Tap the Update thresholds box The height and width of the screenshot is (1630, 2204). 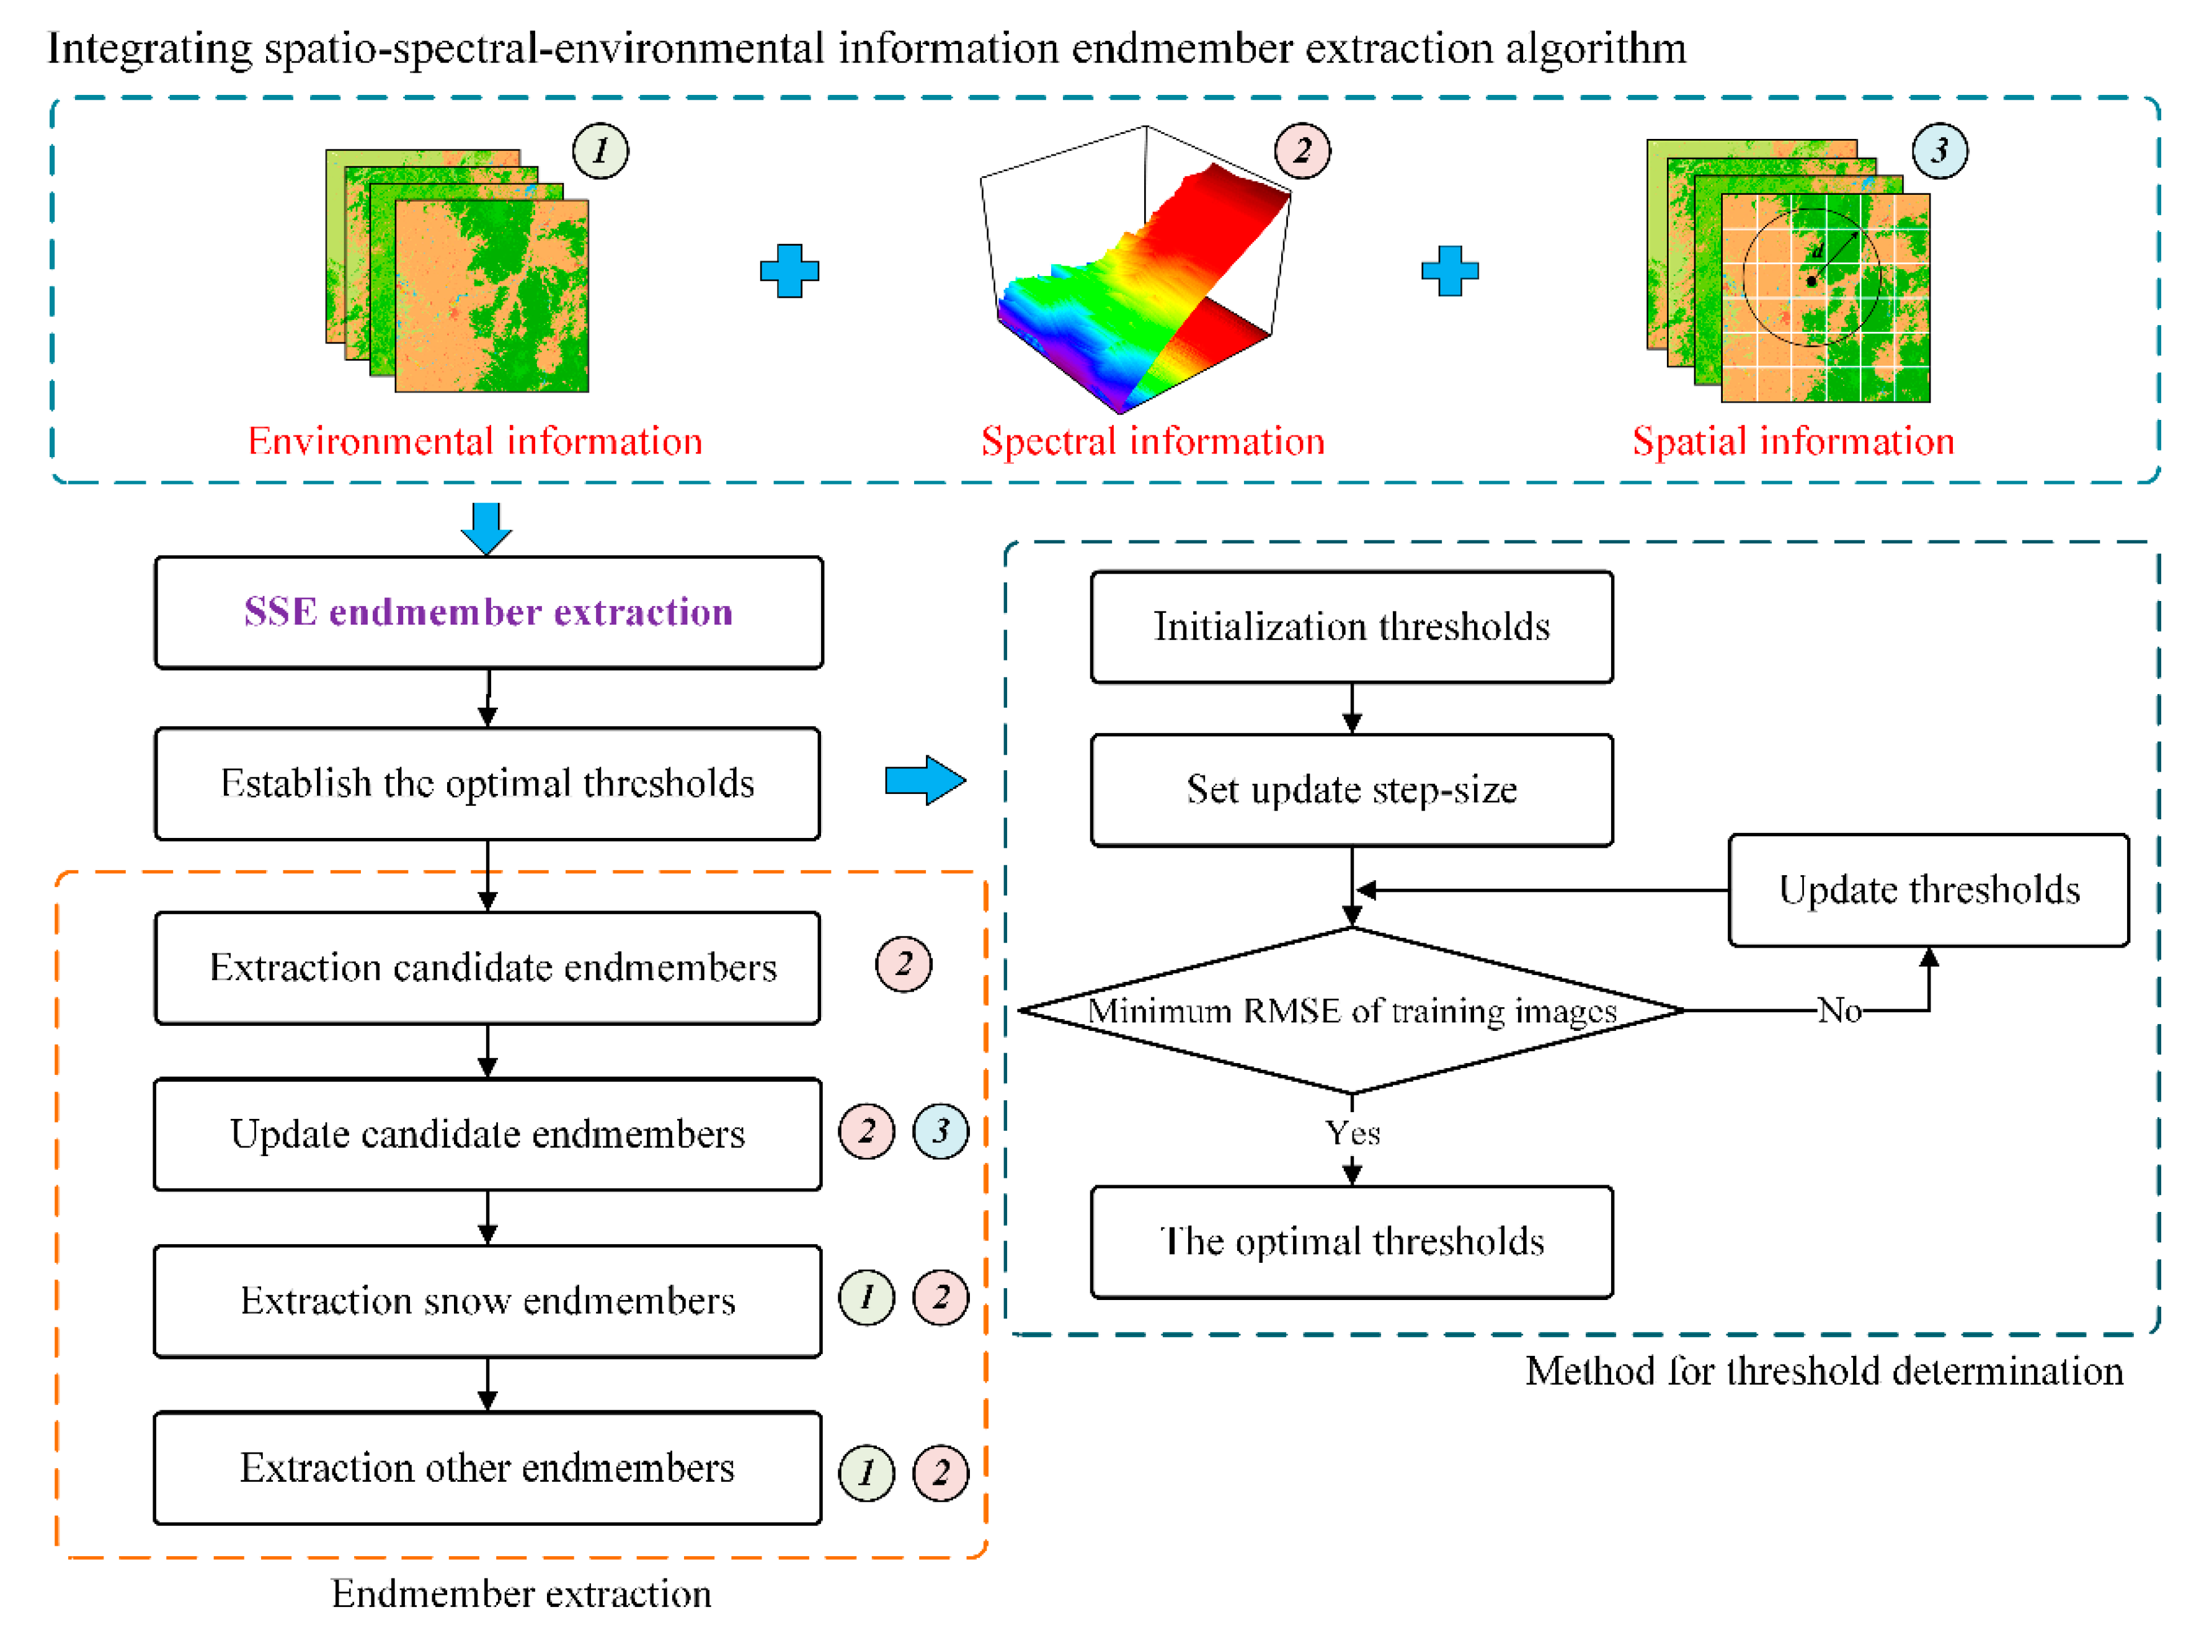[1928, 891]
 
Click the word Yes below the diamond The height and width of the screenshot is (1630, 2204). [1351, 1133]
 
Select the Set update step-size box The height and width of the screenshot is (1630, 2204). [1351, 790]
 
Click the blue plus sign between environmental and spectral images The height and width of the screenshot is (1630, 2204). [789, 271]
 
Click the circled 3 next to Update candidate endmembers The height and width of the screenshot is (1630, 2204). [940, 1132]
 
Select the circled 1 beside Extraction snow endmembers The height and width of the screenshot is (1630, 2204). [866, 1298]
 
